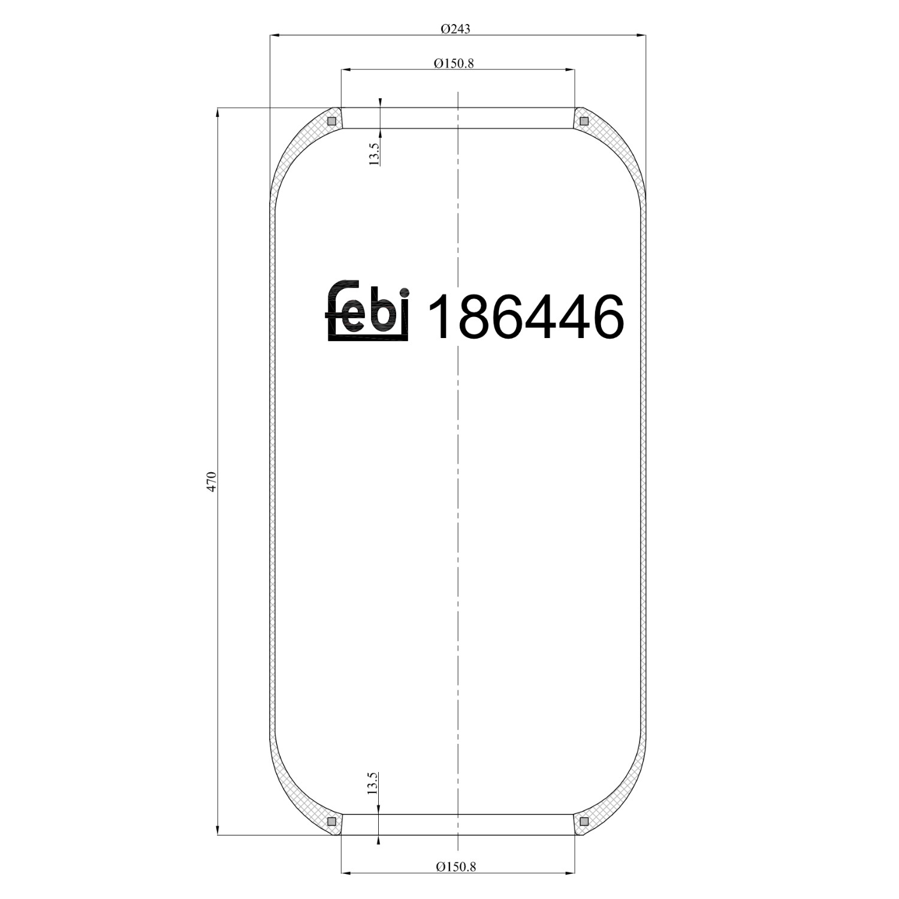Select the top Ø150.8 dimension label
click(454, 63)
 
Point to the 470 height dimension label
click(210, 482)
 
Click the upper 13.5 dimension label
click(373, 154)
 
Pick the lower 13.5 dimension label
click(373, 783)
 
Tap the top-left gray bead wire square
click(331, 121)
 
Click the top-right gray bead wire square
click(584, 121)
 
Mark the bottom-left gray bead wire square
click(331, 821)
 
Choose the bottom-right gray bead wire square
click(584, 821)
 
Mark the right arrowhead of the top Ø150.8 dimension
click(570, 70)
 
